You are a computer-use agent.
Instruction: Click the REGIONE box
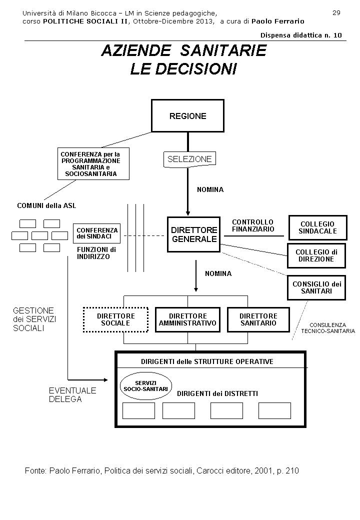[x=187, y=116]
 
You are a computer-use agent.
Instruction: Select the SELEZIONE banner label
[x=189, y=159]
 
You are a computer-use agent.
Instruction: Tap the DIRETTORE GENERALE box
[x=194, y=234]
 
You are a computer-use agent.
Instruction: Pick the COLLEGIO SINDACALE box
[x=317, y=228]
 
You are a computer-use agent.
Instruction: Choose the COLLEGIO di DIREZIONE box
[x=316, y=256]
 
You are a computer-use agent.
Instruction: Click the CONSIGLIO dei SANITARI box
[x=316, y=287]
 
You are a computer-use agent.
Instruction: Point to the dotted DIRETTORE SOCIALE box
[x=116, y=319]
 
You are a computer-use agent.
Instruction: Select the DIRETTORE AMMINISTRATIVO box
[x=187, y=319]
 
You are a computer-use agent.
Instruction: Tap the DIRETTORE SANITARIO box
[x=258, y=319]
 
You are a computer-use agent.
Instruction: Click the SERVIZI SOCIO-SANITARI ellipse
[x=145, y=386]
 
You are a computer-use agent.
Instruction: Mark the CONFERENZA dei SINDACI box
[x=97, y=233]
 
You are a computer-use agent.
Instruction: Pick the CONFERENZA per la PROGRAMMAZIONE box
[x=93, y=163]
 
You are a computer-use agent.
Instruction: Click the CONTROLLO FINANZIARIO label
[x=253, y=225]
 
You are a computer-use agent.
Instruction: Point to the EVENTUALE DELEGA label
[x=72, y=395]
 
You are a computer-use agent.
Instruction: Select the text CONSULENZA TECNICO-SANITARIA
[x=328, y=328]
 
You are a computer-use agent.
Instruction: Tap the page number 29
[x=336, y=13]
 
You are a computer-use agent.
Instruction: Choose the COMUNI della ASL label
[x=46, y=205]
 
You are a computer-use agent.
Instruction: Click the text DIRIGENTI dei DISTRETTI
[x=217, y=393]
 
